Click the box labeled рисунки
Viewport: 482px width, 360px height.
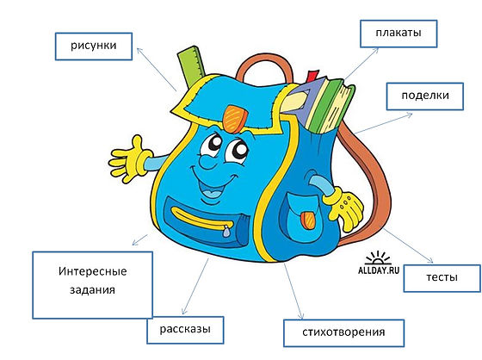pyautogui.click(x=94, y=47)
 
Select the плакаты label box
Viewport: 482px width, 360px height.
pyautogui.click(x=399, y=34)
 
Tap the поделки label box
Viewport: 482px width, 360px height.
pyautogui.click(x=425, y=96)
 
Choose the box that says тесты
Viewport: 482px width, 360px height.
pyautogui.click(x=442, y=278)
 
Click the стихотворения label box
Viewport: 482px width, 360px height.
pyautogui.click(x=343, y=333)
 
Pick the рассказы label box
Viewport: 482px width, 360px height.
pyautogui.click(x=185, y=330)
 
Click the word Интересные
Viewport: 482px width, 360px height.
pyautogui.click(x=93, y=271)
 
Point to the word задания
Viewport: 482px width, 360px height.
pyautogui.click(x=93, y=290)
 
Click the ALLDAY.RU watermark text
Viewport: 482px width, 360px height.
pyautogui.click(x=379, y=270)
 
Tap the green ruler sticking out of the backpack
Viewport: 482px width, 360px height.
pyautogui.click(x=192, y=65)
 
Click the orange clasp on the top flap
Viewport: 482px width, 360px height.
pyautogui.click(x=235, y=119)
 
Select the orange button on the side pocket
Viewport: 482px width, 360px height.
pyautogui.click(x=308, y=220)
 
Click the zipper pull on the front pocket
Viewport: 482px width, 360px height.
pyautogui.click(x=226, y=231)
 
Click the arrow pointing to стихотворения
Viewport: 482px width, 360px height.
pyautogui.click(x=294, y=291)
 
